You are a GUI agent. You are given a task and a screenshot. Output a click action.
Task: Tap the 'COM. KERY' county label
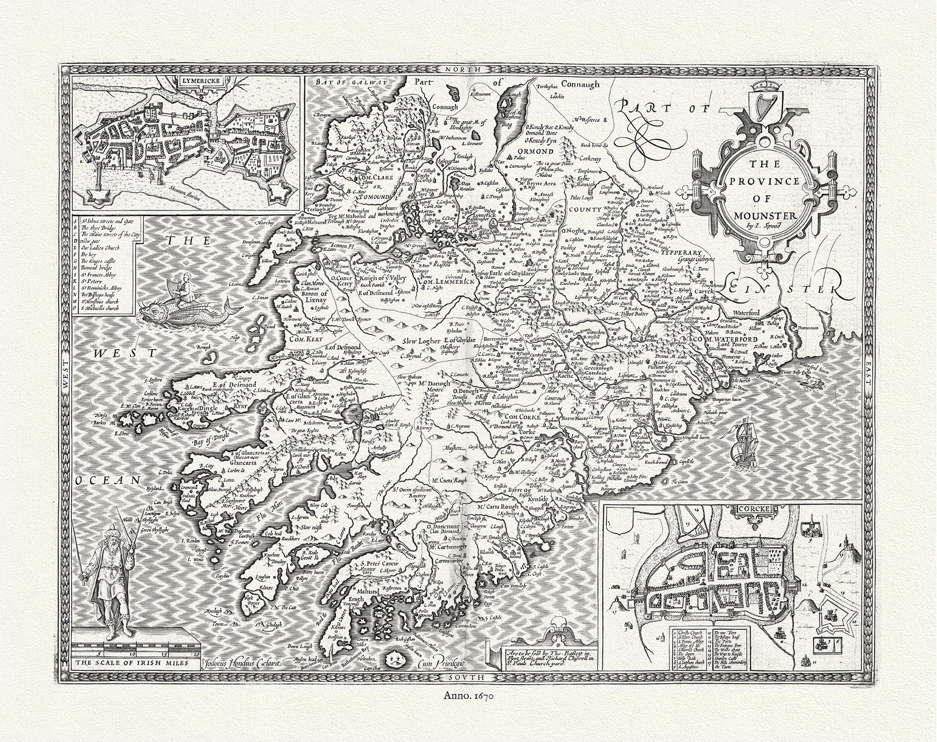coord(306,338)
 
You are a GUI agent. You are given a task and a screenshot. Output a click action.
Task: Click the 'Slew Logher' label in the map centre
coord(422,342)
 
